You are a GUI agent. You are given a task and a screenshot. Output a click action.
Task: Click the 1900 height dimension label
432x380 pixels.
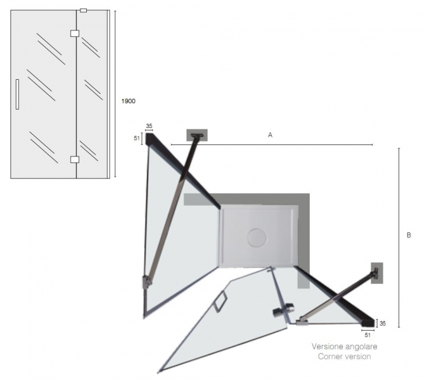[x=129, y=101]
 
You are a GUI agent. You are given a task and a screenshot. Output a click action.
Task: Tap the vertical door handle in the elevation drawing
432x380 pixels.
[x=17, y=94]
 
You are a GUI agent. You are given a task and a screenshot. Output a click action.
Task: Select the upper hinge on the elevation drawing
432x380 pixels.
[x=75, y=34]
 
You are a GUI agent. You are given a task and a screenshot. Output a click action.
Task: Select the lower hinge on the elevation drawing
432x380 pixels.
[x=75, y=160]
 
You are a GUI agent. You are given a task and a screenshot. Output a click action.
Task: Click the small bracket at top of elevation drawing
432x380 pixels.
[x=83, y=11]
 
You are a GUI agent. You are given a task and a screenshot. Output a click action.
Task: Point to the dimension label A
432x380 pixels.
[x=270, y=135]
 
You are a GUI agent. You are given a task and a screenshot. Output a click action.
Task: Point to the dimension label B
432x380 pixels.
[x=409, y=235]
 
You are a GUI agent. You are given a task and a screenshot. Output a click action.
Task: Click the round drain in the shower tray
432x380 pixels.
[x=257, y=237]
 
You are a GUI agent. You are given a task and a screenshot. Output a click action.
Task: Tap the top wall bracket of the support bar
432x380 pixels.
[x=197, y=136]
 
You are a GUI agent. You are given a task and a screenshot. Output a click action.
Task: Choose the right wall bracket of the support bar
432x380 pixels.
[x=377, y=273]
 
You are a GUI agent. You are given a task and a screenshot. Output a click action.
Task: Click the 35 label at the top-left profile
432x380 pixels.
[x=149, y=126]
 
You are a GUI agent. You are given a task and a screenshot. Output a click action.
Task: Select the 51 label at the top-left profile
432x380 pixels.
[x=137, y=138]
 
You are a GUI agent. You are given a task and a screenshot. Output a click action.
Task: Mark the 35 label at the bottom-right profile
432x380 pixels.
[x=383, y=323]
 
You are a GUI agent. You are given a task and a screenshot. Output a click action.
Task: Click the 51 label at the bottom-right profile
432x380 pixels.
[x=367, y=335]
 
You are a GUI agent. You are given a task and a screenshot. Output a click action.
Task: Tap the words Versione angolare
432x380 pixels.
[x=345, y=346]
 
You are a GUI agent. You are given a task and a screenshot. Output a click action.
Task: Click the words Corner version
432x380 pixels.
[x=345, y=357]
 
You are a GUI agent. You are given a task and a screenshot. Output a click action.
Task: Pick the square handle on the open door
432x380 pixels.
[x=220, y=301]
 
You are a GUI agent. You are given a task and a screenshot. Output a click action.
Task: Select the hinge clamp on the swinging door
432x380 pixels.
[x=283, y=310]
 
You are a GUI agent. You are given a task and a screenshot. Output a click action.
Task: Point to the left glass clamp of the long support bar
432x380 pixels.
[x=146, y=282]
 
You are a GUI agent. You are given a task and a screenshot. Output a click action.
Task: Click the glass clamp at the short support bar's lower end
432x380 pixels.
[x=302, y=322]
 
